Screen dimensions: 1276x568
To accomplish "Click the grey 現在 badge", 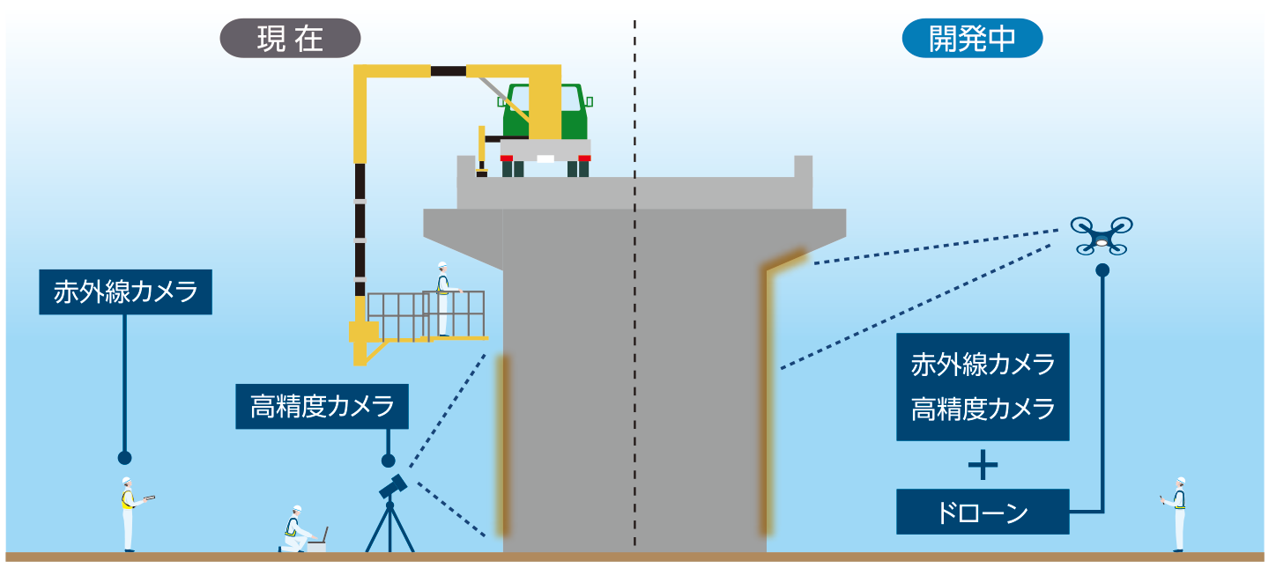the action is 290,38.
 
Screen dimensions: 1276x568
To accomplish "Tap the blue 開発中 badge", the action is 972,38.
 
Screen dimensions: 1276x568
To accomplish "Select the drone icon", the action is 1102,236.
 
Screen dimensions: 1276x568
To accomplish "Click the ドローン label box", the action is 983,512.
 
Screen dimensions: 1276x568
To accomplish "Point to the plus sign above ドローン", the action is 983,465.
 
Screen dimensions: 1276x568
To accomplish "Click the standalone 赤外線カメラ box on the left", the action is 125,292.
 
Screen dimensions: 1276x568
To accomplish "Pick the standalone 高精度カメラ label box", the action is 322,406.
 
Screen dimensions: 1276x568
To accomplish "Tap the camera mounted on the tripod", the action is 393,488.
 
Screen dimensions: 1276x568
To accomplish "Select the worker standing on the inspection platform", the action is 444,299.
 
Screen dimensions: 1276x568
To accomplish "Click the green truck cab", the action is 545,112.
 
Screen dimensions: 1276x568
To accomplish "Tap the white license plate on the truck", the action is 545,159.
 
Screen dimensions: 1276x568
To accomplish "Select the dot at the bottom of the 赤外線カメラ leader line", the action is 125,458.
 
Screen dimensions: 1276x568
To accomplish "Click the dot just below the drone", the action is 1102,269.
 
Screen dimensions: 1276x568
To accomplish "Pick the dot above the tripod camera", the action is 388,461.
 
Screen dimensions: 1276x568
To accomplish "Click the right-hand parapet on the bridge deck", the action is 803,166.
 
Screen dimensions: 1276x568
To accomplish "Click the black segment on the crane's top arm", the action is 449,71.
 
